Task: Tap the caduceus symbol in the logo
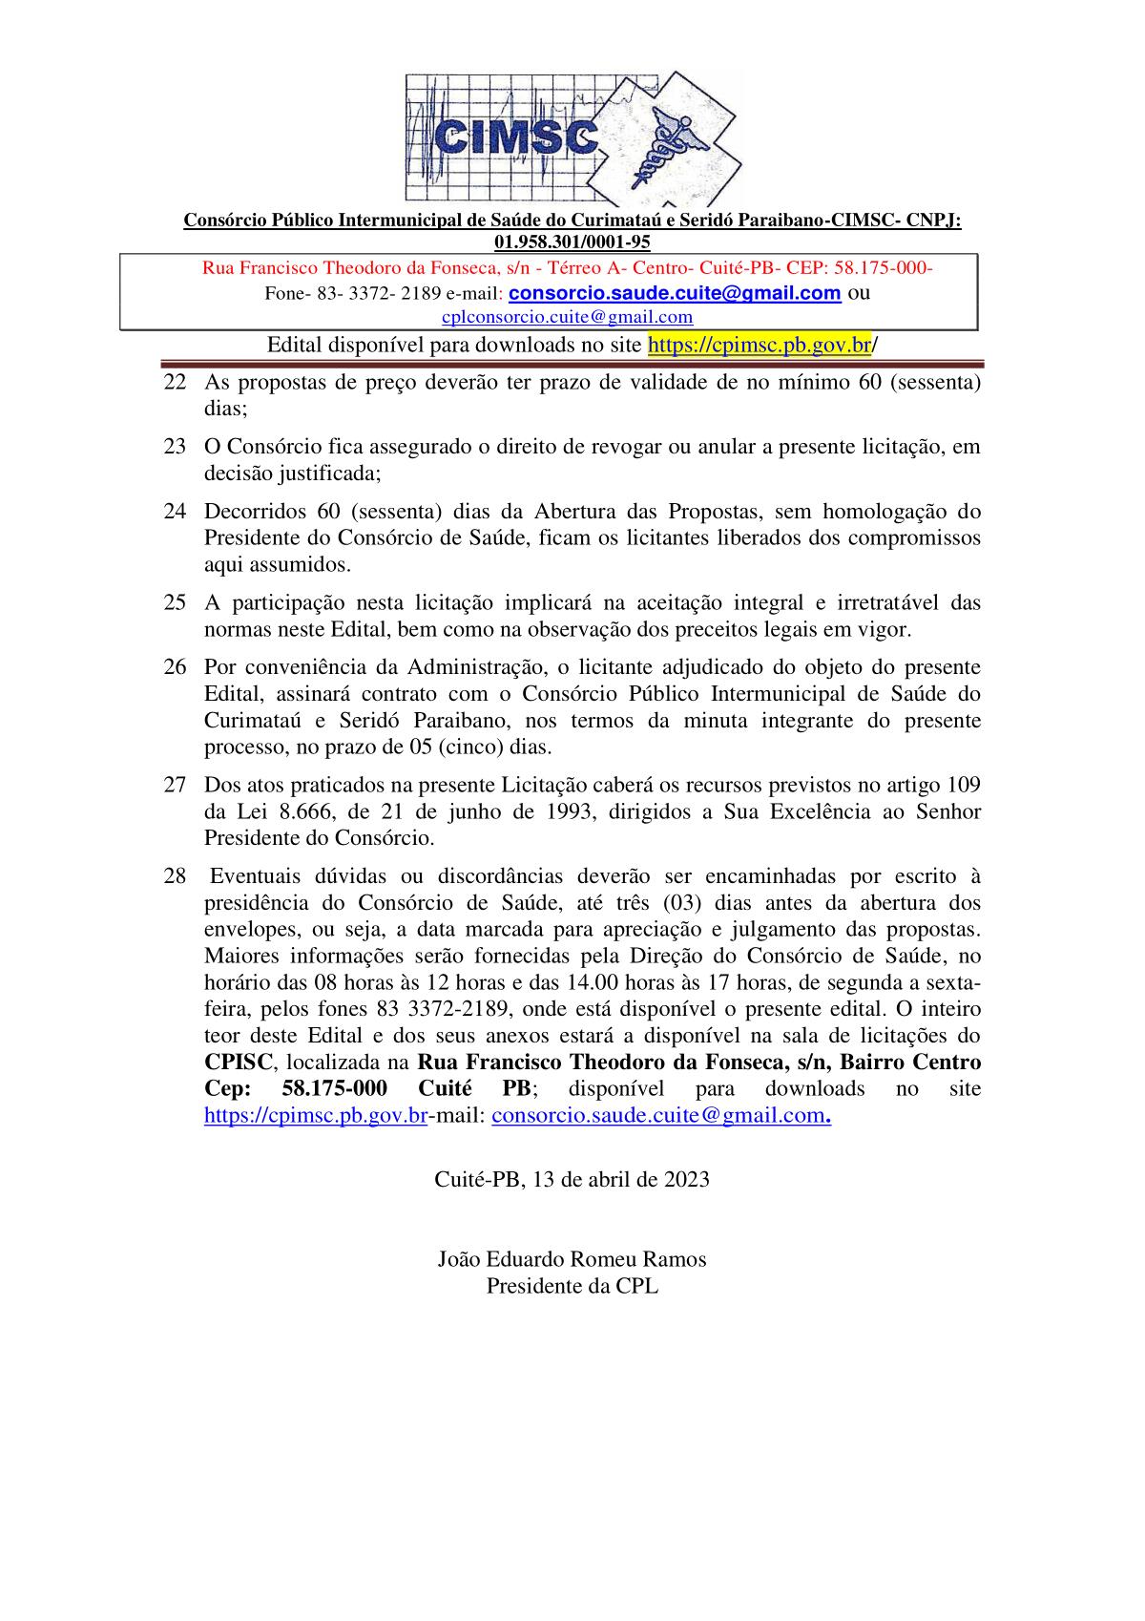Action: coord(668,143)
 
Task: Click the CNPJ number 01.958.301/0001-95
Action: coord(572,242)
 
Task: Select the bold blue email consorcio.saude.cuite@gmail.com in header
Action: coord(675,293)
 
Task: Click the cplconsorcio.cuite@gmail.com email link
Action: coord(568,317)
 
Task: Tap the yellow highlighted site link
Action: coord(760,345)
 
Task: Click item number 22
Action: coord(175,383)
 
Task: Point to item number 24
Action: coord(175,511)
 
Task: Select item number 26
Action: coord(175,666)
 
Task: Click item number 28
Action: coord(175,876)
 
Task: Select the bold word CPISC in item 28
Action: coord(239,1063)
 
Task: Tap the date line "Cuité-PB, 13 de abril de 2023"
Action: coord(572,1179)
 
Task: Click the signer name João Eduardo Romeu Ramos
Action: coord(572,1259)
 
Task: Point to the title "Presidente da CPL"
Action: coord(572,1286)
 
